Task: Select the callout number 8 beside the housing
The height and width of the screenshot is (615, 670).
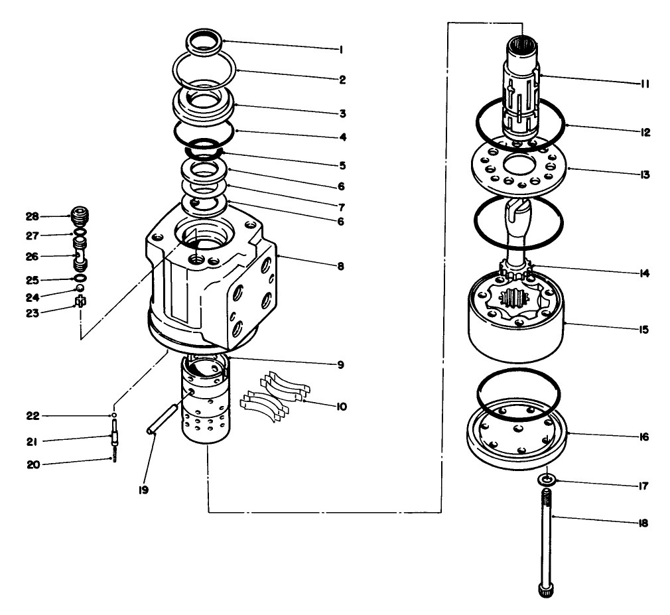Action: (340, 266)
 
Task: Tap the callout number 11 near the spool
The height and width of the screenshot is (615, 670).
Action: (644, 84)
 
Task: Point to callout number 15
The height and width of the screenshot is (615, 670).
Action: (644, 329)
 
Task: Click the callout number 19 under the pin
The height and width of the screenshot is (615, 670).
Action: (144, 490)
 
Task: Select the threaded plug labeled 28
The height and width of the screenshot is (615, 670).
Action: (79, 217)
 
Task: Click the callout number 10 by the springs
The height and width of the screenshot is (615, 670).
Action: (341, 406)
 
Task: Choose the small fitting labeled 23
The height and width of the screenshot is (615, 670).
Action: (81, 302)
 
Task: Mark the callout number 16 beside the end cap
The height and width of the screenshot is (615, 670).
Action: (644, 438)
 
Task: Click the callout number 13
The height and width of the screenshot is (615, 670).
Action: (644, 175)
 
